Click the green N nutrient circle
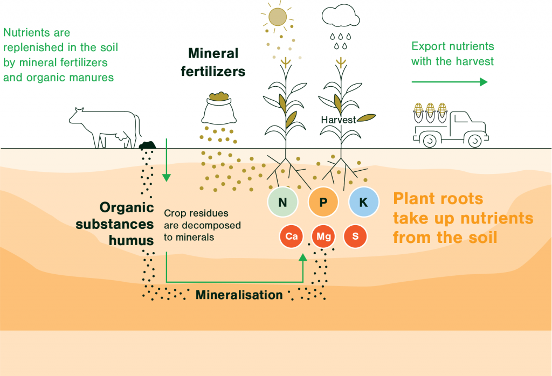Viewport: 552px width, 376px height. [x=283, y=203]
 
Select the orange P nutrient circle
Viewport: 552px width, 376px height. [x=323, y=203]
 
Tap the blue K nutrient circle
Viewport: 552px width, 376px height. [x=363, y=203]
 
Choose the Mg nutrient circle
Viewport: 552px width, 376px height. [x=323, y=236]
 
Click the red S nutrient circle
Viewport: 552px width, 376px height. [x=355, y=236]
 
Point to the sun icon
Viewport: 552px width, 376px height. [x=278, y=17]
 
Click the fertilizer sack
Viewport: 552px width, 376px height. [x=219, y=110]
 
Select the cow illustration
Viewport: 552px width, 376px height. [x=105, y=127]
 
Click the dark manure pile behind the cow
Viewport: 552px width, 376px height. [x=148, y=145]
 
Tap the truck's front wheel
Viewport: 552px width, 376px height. [x=474, y=141]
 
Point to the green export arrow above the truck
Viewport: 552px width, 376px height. [x=450, y=82]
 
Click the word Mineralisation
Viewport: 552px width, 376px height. [x=239, y=295]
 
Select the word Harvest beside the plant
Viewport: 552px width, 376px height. [x=338, y=120]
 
